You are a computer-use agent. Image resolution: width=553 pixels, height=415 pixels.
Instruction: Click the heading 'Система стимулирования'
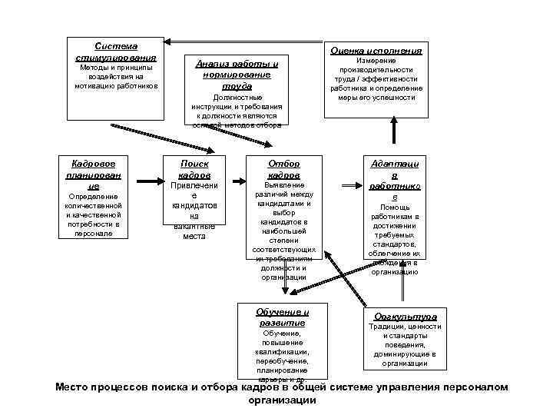[x=116, y=52]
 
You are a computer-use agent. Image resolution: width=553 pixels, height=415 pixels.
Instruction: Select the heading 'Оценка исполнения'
[x=376, y=50]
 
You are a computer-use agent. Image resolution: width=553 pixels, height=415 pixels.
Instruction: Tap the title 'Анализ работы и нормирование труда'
[x=237, y=75]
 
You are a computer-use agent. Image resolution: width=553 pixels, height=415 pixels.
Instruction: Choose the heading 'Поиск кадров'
[x=194, y=169]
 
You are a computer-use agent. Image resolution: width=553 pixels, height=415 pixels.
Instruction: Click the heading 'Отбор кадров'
[x=284, y=169]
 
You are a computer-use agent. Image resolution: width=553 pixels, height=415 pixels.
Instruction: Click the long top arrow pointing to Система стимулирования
[x=246, y=41]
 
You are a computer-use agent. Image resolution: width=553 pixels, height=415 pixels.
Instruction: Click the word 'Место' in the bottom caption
[x=74, y=387]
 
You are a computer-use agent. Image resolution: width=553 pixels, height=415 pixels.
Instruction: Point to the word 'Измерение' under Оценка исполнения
[x=376, y=61]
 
